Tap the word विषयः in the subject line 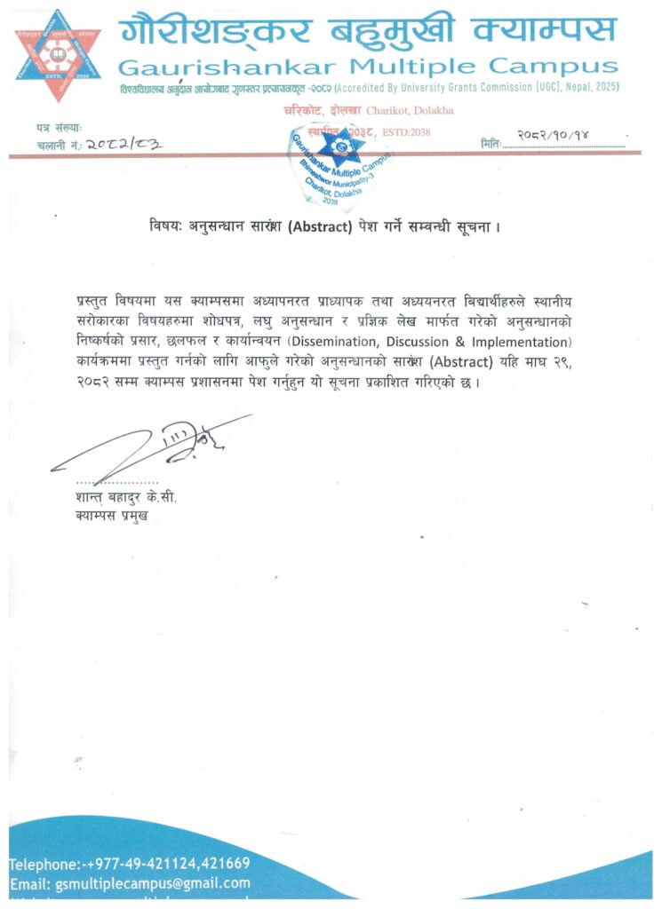pos(169,225)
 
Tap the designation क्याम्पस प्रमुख pos(112,514)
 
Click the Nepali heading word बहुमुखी pos(398,32)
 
